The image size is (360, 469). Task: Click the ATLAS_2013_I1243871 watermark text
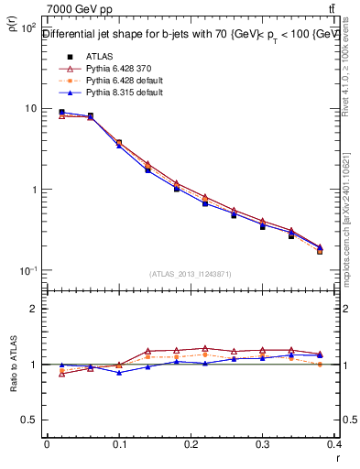click(190, 275)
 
